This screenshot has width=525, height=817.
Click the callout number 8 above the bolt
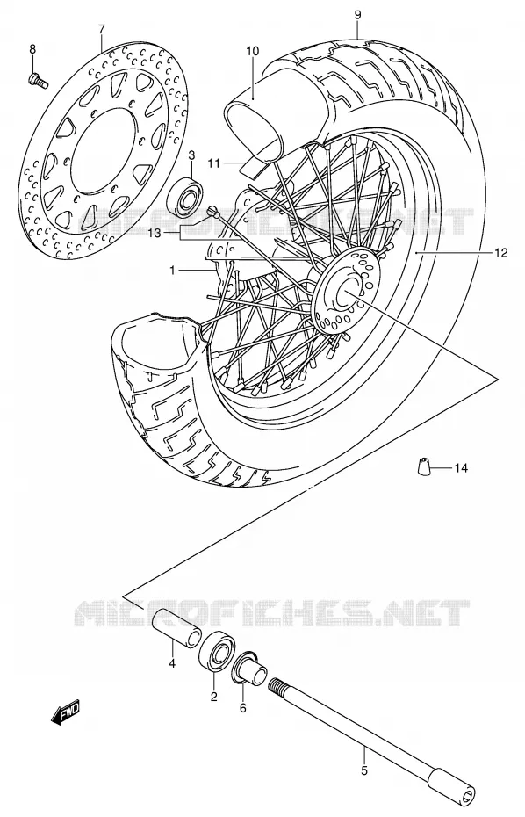[32, 49]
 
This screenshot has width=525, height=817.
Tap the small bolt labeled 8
[37, 80]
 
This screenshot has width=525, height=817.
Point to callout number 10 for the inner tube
[252, 51]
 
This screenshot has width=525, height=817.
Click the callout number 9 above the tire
[358, 15]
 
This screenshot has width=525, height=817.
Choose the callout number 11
[213, 163]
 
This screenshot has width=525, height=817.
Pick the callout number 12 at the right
[500, 253]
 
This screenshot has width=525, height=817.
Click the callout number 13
[155, 234]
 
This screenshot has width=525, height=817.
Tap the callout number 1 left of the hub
[171, 270]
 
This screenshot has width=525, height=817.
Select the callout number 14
[461, 468]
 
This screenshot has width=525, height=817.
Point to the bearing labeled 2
[218, 651]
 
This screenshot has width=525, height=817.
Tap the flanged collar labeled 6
[250, 669]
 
